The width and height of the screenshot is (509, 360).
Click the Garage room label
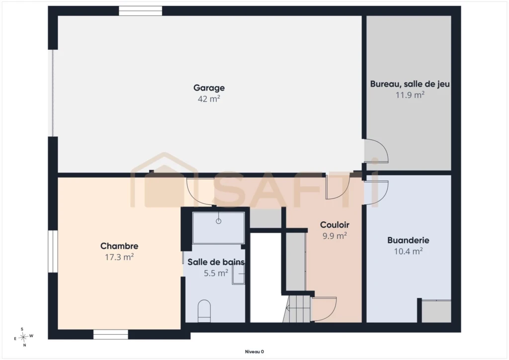209,88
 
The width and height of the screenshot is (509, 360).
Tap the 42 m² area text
209,98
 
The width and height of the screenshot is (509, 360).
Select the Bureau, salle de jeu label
410,84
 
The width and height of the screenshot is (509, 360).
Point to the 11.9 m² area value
410,95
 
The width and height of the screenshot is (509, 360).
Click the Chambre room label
119,246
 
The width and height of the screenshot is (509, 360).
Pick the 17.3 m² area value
119,257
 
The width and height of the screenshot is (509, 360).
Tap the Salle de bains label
216,262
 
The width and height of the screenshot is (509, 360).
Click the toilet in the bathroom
204,311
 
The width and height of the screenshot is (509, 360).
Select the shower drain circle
219,221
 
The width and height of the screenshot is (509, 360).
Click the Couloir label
335,225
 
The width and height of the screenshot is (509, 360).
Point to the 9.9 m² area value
335,236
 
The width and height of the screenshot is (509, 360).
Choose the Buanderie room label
409,240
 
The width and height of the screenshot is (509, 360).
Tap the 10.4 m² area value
409,251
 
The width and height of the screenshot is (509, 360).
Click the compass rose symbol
23,337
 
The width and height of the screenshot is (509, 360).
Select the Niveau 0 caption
254,352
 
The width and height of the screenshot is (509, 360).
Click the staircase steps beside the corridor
297,309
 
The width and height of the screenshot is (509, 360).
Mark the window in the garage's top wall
141,11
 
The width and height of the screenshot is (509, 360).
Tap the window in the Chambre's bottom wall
111,335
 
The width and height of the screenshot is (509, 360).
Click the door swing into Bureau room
376,151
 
